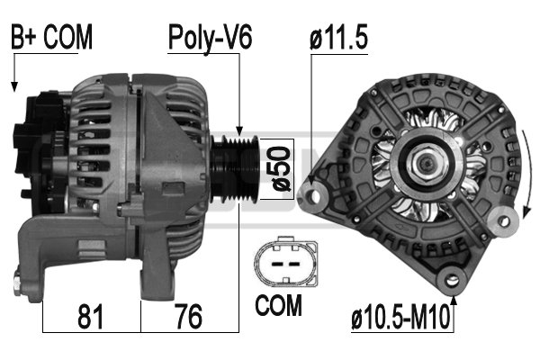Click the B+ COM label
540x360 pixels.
click(51, 37)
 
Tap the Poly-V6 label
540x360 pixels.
click(210, 38)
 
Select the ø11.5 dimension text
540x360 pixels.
click(338, 37)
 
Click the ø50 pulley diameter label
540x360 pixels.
click(281, 169)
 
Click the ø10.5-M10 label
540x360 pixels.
click(400, 318)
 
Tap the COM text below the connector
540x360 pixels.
click(278, 305)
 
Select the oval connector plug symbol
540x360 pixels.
click(286, 263)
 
